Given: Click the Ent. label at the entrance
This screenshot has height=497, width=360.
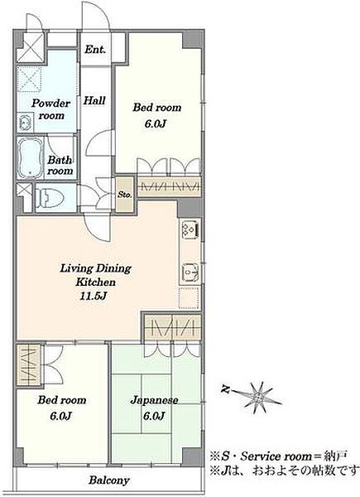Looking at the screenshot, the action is coord(95,50).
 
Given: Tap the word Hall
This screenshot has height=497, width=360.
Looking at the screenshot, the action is coord(94,100).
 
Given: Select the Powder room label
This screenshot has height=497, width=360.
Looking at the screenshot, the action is coord(50,109).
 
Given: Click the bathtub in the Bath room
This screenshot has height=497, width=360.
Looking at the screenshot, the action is coord(31,158).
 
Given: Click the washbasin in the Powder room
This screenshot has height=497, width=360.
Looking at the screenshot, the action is coord(26,123).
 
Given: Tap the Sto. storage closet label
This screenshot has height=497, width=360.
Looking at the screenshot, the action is coord(125,195).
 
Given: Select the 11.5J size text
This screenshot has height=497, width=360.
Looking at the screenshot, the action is coord(94,297).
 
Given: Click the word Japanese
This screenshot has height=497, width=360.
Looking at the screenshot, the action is coord(154,401).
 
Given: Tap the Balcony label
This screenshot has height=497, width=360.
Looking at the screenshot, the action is coord(109,480).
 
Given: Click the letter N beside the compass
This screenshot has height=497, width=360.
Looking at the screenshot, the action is coord(225,389).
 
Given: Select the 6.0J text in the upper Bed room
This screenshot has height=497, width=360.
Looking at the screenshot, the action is coord(156,123).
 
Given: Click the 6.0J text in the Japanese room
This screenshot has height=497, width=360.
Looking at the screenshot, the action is coord(154,416).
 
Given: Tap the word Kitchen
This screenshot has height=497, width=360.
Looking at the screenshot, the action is coord(95,282).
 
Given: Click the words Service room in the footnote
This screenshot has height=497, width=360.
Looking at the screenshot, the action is coord(276,456).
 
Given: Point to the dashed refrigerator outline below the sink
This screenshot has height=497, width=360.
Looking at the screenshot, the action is coord(189,298).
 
